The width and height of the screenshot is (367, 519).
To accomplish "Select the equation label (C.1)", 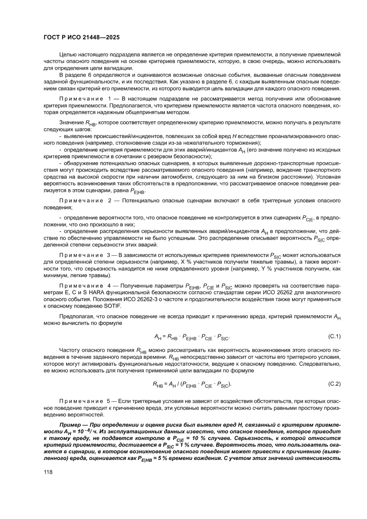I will click(x=334, y=336).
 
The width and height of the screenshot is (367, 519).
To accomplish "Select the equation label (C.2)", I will click(x=334, y=383).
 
